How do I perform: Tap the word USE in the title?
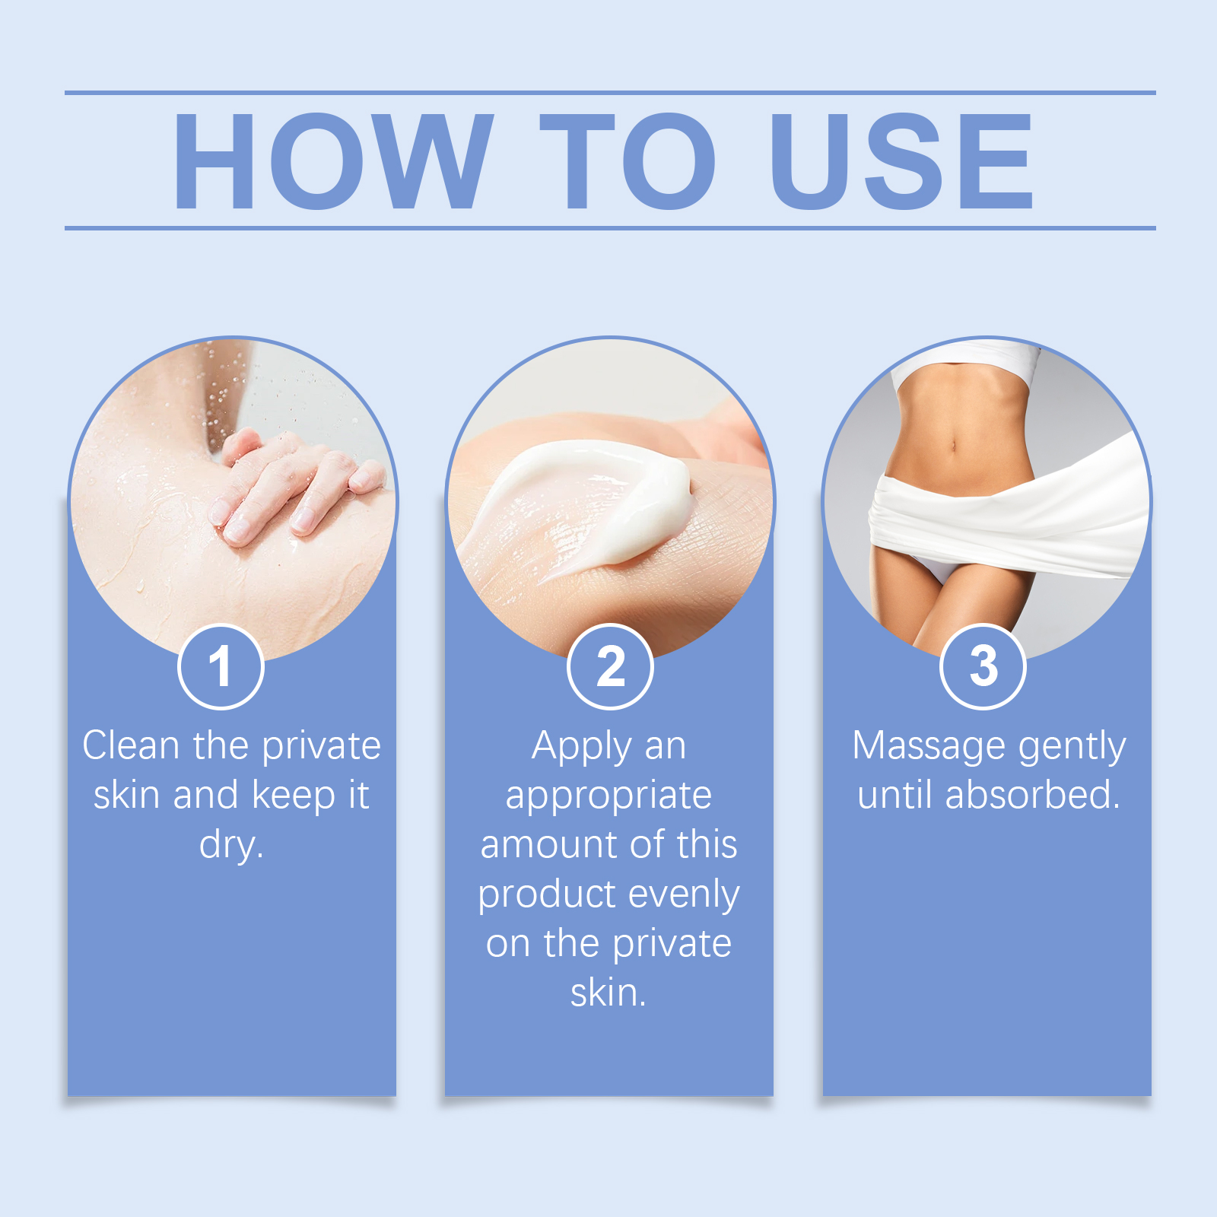coord(902,160)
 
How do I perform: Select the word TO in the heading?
coord(628,160)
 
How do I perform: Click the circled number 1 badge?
coord(221,666)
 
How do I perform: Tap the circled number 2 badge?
coord(610,666)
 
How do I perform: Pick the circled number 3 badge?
coord(983,666)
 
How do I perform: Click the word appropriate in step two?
coord(608,796)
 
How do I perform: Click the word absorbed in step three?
coord(1032,795)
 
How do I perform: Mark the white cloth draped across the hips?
coord(1012,517)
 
